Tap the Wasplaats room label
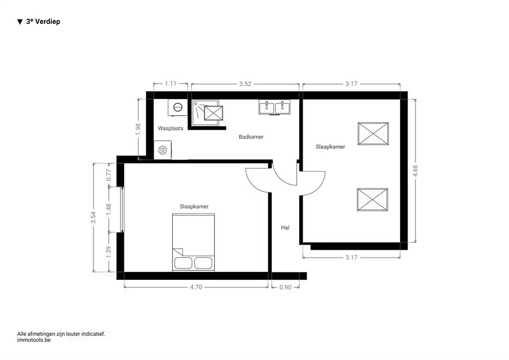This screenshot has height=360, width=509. (x=170, y=128)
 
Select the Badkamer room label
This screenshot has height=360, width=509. (x=251, y=137)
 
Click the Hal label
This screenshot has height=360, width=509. (x=285, y=227)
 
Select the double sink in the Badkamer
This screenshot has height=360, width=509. (x=274, y=107)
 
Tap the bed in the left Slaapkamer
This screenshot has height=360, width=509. (x=193, y=243)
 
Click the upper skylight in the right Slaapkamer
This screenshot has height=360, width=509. (x=373, y=133)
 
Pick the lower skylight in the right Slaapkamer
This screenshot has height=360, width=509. (x=373, y=200)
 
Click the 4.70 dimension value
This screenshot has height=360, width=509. (x=196, y=287)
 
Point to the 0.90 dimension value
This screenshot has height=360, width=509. (x=285, y=287)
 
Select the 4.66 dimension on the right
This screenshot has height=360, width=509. (x=415, y=171)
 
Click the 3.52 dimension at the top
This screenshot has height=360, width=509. (x=245, y=84)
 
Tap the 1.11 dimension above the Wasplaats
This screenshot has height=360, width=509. (x=170, y=84)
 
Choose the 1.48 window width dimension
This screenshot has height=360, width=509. (x=109, y=209)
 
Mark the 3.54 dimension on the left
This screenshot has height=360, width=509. (x=93, y=218)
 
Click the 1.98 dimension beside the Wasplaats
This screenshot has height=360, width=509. (x=138, y=128)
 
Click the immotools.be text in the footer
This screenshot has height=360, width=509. (x=34, y=341)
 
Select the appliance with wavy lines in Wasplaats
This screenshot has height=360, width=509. (x=163, y=150)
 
